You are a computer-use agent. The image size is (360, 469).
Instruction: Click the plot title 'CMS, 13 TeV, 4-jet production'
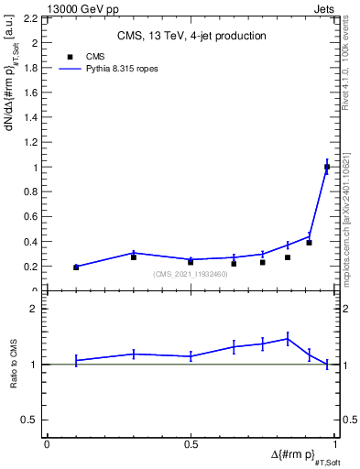point(191,37)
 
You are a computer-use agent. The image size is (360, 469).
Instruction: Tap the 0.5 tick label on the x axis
point(191,444)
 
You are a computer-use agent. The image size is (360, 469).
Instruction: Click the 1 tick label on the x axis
point(334,444)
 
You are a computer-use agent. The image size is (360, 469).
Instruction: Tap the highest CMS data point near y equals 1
point(327,167)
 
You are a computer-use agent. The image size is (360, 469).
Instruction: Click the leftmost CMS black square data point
point(76,267)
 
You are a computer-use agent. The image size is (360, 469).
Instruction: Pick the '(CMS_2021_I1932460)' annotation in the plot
point(191,274)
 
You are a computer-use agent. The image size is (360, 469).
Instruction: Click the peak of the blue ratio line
point(288,338)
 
